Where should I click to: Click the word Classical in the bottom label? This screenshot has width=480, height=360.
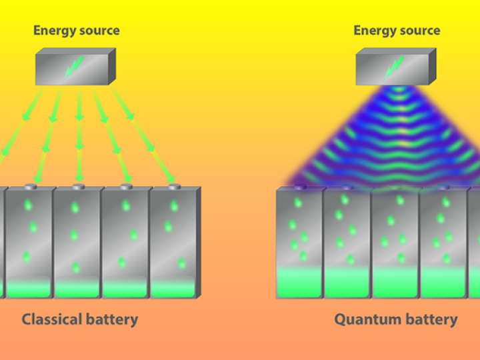click(x=52, y=319)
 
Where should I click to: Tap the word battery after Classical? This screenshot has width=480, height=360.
click(x=112, y=319)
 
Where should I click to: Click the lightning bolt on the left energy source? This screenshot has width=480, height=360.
click(x=73, y=69)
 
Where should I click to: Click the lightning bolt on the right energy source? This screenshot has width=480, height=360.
click(x=394, y=69)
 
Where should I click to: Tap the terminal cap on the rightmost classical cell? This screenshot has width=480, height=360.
click(x=175, y=186)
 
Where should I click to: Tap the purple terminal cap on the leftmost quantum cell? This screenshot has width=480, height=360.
click(x=300, y=187)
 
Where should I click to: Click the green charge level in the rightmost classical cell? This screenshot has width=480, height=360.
click(x=173, y=288)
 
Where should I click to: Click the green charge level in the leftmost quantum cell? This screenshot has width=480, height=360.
click(x=299, y=282)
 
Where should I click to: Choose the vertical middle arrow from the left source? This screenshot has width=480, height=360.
click(x=79, y=135)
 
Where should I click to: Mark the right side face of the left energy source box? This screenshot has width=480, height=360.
click(x=112, y=66)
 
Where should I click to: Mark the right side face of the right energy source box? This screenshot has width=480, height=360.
click(x=432, y=66)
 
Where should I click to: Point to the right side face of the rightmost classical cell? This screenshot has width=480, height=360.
click(x=199, y=242)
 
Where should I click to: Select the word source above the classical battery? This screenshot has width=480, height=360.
click(x=99, y=31)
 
